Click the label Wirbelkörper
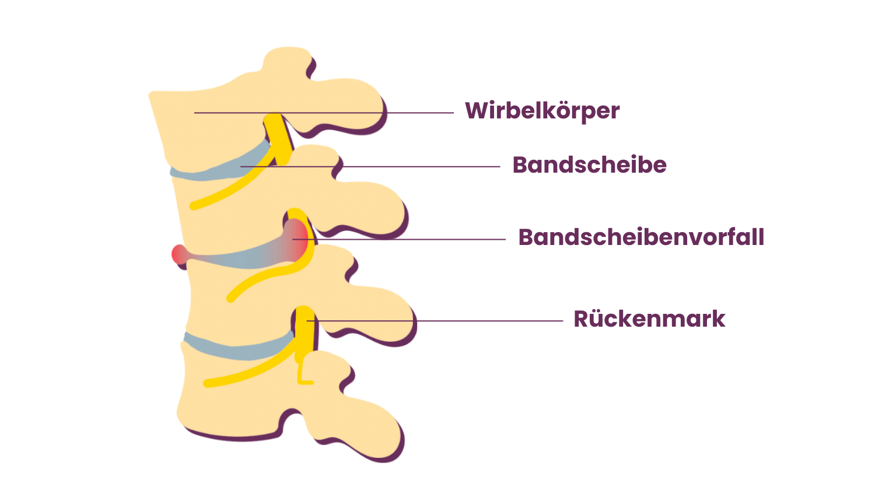pos(542,111)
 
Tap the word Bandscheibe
pos(589,165)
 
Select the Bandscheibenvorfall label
pos(641,237)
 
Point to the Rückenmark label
pos(649,319)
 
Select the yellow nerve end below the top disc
pos(195,205)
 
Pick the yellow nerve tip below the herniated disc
pos(232,298)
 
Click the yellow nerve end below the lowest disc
pos(208,383)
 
